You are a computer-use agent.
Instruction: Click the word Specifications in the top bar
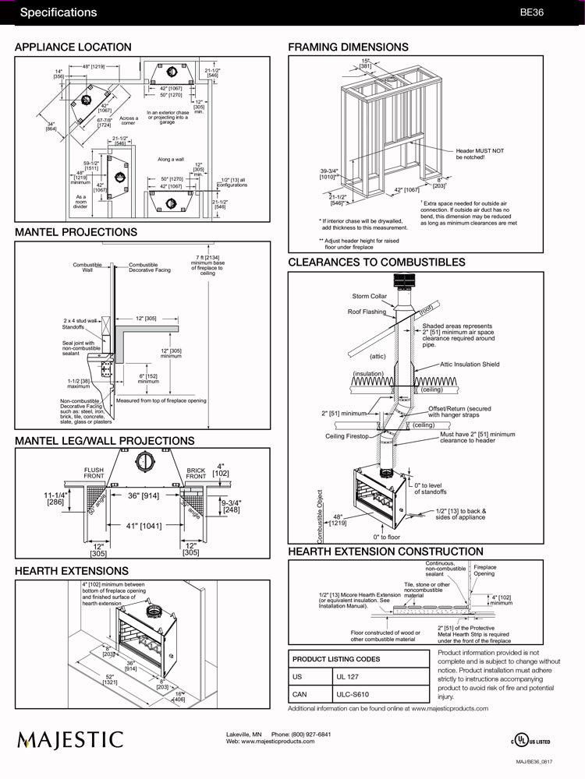point(58,12)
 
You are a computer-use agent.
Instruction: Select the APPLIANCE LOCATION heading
point(73,48)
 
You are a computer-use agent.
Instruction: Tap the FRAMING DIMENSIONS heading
point(348,48)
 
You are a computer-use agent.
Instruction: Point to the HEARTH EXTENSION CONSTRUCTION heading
point(385,552)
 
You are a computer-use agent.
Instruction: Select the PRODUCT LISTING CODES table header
point(336,659)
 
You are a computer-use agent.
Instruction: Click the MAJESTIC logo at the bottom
point(71,739)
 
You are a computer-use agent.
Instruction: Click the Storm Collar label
point(369,296)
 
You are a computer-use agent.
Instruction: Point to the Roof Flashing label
point(367,312)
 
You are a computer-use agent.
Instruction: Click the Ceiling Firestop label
point(346,436)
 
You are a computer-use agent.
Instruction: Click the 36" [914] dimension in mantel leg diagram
point(143,495)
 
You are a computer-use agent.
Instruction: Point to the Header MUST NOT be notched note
point(480,153)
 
